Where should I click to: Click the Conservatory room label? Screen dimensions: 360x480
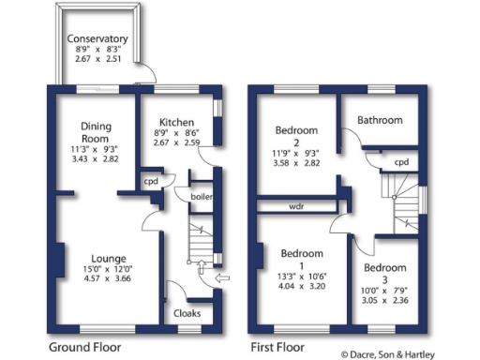click(x=97, y=39)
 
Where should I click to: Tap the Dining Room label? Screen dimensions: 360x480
click(x=97, y=132)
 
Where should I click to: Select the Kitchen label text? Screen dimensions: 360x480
click(x=175, y=123)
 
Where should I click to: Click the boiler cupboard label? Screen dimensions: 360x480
click(x=202, y=197)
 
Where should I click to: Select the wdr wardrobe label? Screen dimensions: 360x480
click(x=295, y=205)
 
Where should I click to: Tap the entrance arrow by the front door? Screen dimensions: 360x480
click(x=221, y=277)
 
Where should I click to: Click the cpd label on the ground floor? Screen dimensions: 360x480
click(x=150, y=182)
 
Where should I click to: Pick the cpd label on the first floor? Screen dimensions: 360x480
click(x=401, y=161)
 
